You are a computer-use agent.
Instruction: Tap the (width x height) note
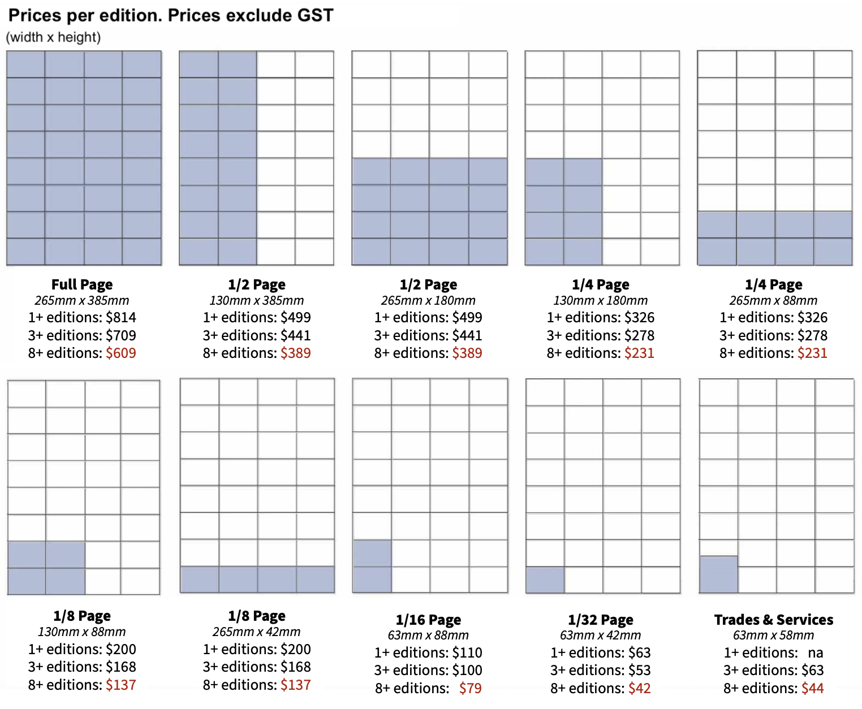[x=53, y=37]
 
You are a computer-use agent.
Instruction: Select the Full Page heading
[x=82, y=284]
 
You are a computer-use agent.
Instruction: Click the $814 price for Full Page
[x=121, y=317]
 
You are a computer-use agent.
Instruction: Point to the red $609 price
[x=121, y=353]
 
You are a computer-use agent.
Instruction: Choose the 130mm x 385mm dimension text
[x=257, y=301]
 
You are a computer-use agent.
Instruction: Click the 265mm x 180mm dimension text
[x=428, y=301]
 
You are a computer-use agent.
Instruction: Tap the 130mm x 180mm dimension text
[x=601, y=301]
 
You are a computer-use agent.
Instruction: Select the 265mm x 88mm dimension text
[x=773, y=301]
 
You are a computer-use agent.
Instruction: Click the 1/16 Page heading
[x=428, y=620]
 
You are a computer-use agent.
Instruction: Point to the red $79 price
[x=470, y=688]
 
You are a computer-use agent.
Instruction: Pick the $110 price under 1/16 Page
[x=467, y=652]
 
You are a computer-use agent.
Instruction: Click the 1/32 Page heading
[x=601, y=620]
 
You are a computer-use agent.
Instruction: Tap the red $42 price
[x=640, y=688]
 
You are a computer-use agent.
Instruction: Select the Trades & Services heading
[x=773, y=620]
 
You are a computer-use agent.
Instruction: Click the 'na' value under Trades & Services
[x=815, y=652]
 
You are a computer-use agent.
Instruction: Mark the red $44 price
[x=812, y=688]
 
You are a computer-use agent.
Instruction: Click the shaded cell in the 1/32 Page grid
[x=545, y=580]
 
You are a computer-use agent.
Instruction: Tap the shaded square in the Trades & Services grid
[x=718, y=574]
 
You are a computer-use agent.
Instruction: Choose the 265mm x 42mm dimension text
[x=257, y=632]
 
